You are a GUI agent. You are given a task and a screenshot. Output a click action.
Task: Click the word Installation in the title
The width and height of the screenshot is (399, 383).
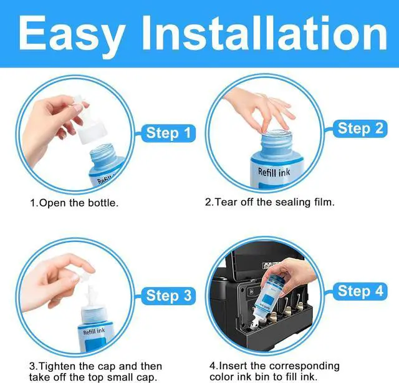(264, 32)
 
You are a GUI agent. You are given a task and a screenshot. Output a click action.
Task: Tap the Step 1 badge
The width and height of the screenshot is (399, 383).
(168, 133)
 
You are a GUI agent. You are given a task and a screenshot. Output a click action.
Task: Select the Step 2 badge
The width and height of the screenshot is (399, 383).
(360, 128)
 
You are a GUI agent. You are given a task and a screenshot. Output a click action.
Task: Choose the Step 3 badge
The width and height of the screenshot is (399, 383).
(168, 296)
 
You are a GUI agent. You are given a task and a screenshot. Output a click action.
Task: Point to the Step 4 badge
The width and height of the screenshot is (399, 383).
(360, 291)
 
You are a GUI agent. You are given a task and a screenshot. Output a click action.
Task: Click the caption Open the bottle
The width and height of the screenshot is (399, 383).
(74, 203)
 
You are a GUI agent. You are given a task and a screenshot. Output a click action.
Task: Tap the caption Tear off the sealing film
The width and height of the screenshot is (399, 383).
(270, 202)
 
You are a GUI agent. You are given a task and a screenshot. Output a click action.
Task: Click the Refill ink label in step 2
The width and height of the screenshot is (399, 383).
(274, 172)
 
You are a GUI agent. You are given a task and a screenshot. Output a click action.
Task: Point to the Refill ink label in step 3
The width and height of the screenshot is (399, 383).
(94, 331)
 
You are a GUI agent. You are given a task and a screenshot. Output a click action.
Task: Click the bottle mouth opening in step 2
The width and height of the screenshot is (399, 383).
(276, 133)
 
